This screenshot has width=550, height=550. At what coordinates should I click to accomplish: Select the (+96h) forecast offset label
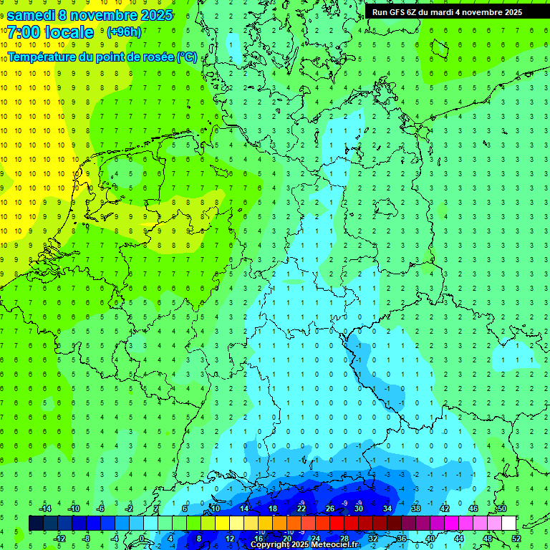click(x=124, y=32)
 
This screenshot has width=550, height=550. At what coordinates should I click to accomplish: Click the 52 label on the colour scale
click(x=516, y=538)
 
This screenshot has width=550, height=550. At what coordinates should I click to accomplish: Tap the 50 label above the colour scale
click(x=501, y=508)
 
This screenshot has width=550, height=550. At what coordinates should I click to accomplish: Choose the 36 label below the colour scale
click(x=401, y=538)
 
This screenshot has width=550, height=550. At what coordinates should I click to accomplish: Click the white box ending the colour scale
click(x=508, y=523)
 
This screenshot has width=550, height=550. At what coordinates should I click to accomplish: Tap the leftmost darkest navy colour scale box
click(x=36, y=523)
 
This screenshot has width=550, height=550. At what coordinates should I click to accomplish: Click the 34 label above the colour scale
click(x=387, y=508)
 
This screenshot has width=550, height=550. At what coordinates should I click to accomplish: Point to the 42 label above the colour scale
click(x=444, y=508)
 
